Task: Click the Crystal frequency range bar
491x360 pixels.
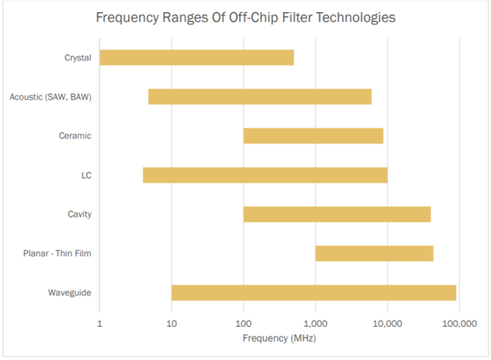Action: tap(197, 58)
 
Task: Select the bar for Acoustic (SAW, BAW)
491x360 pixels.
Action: tap(259, 96)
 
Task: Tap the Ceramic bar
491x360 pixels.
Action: tap(313, 135)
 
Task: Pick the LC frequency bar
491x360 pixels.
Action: tap(265, 175)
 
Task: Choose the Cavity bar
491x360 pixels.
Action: tap(336, 214)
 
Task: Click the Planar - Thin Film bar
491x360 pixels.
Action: tap(374, 253)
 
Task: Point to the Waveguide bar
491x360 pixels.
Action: tap(314, 293)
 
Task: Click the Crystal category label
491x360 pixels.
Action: tap(78, 58)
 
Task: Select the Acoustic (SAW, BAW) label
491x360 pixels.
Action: tap(50, 96)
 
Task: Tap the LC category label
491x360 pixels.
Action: tap(86, 175)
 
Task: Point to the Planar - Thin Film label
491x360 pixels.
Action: tap(58, 253)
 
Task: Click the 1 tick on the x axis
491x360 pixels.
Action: tap(100, 322)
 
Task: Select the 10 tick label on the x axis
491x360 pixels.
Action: tap(171, 322)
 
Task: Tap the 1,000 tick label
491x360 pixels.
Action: tap(315, 322)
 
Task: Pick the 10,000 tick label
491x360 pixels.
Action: tap(387, 322)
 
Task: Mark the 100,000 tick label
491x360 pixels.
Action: tap(459, 322)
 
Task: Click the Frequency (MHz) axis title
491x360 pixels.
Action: tap(280, 336)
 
